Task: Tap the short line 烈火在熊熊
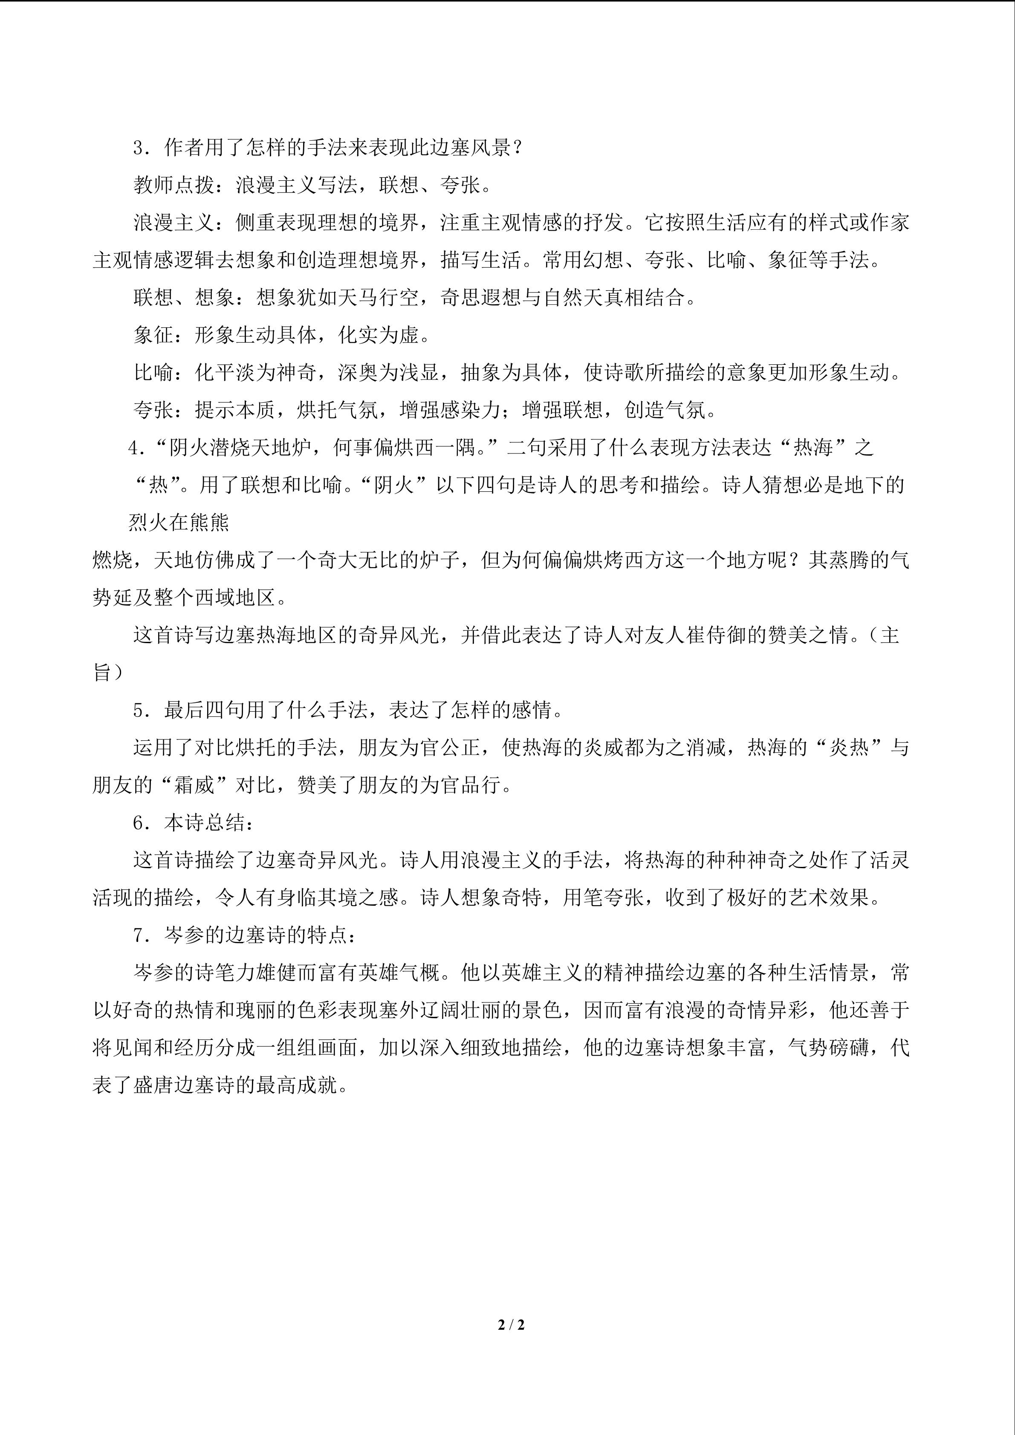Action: coord(179,523)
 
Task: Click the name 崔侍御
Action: coord(714,635)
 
